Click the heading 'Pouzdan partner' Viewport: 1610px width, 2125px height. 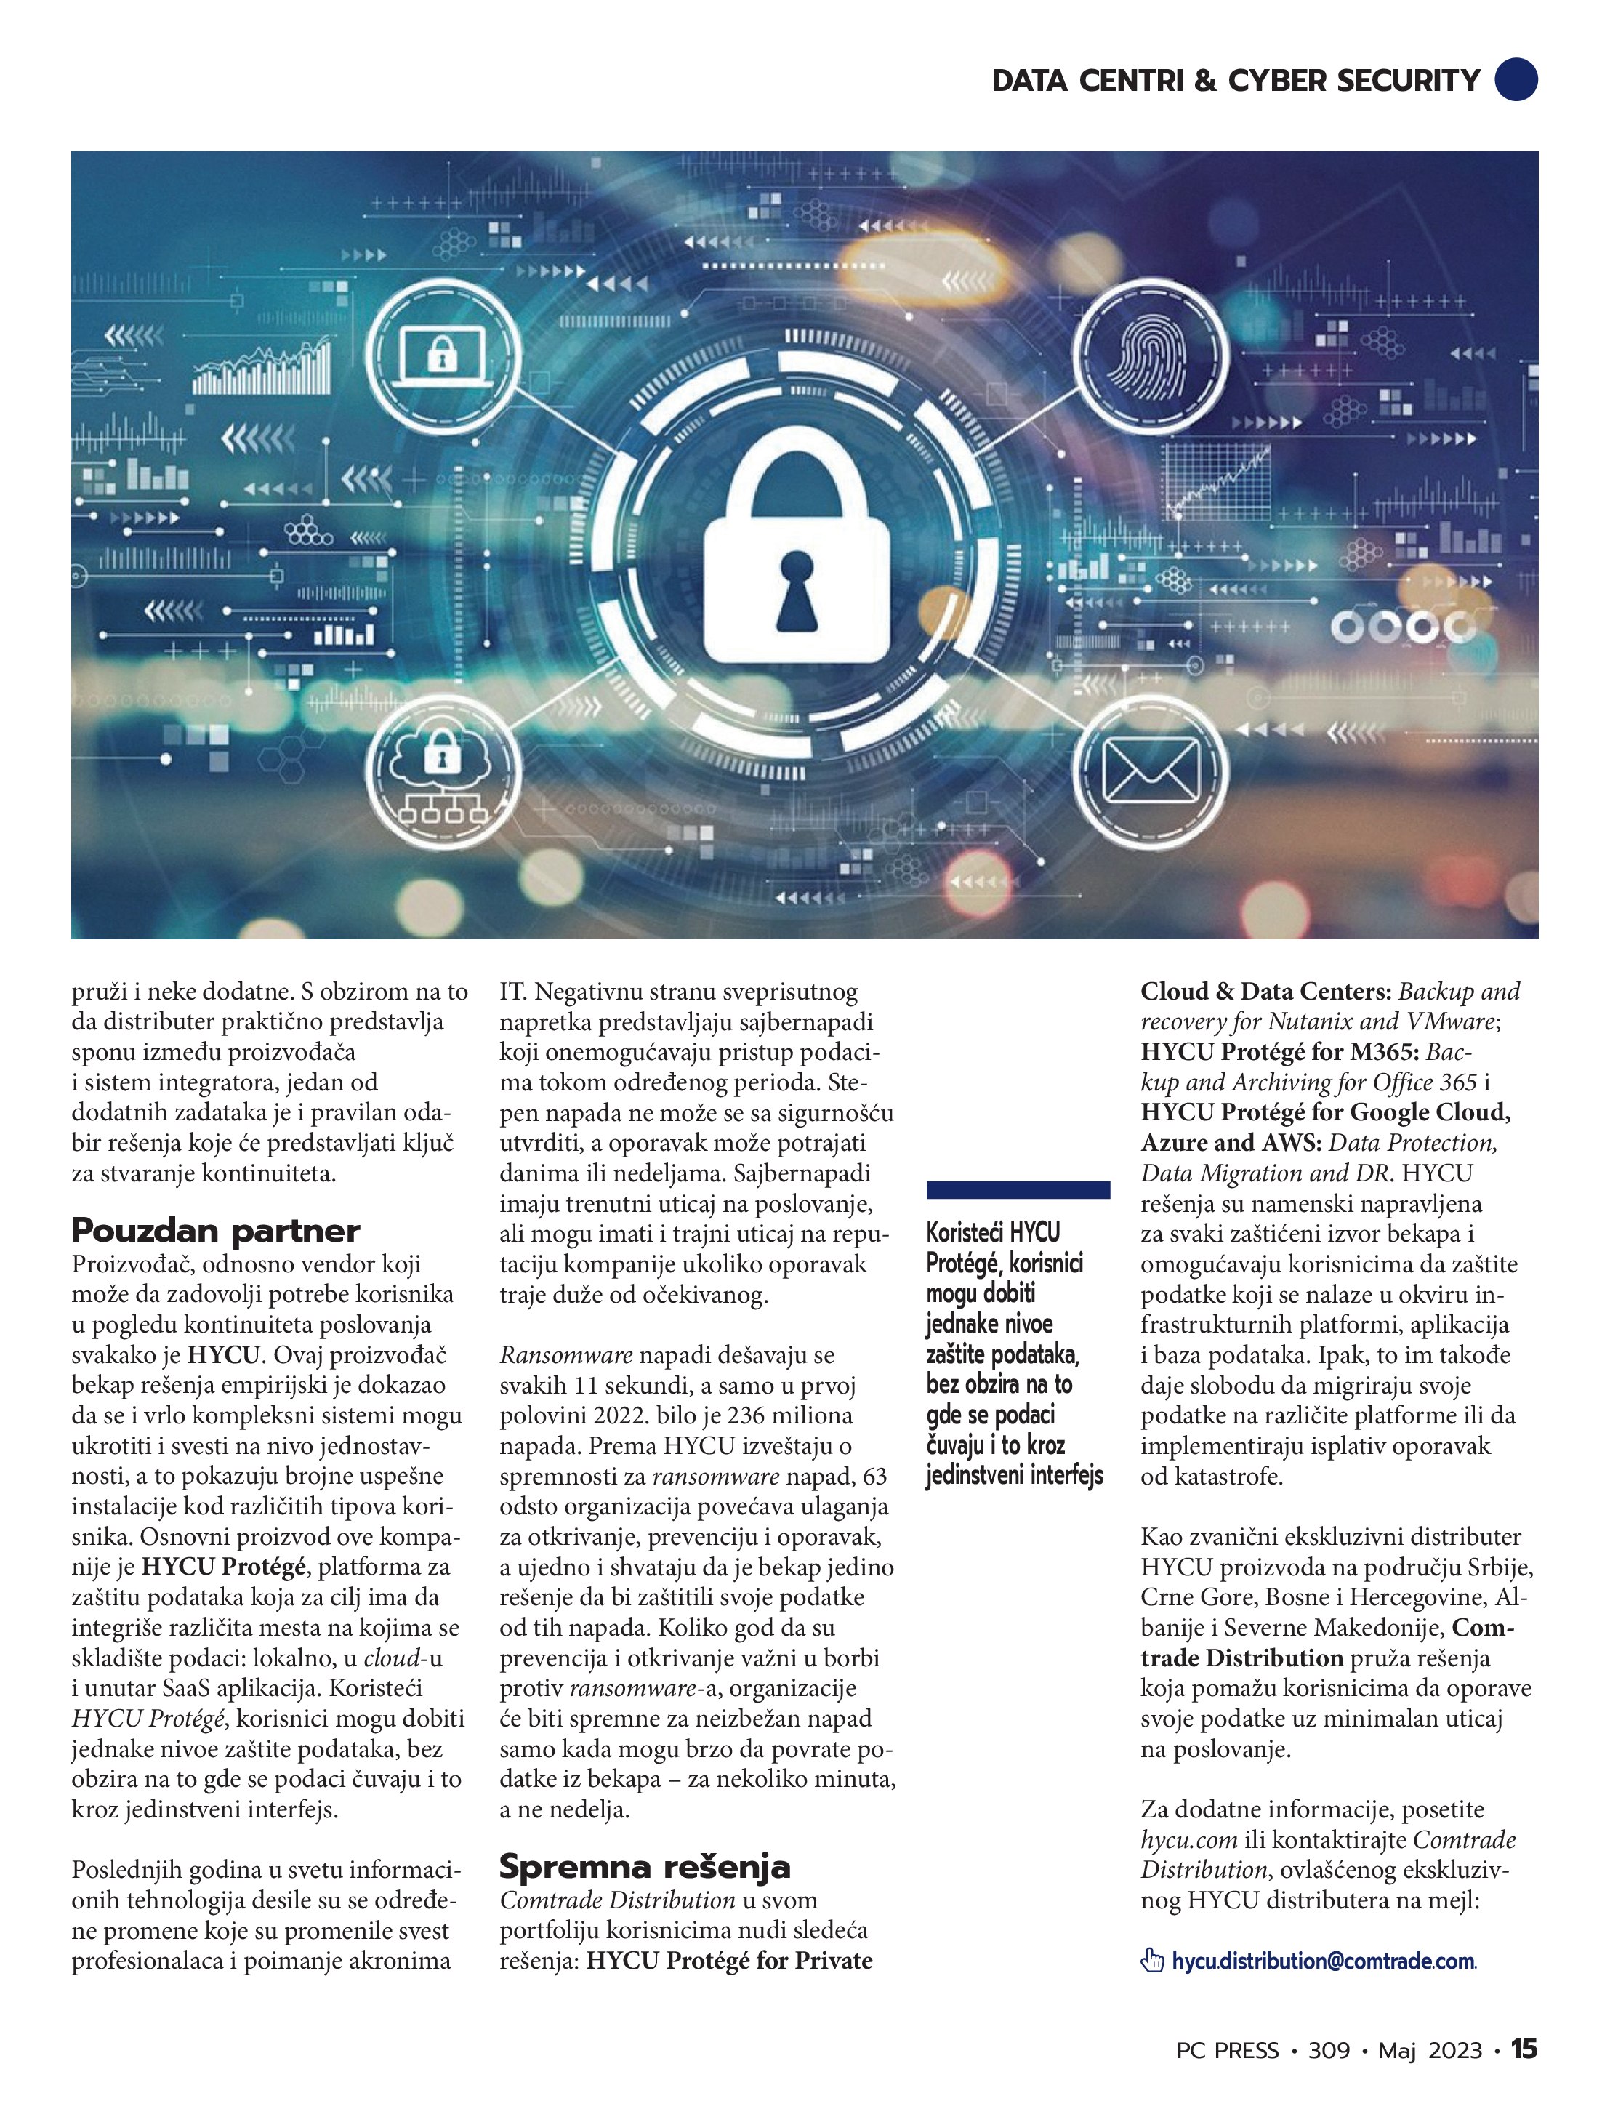215,1231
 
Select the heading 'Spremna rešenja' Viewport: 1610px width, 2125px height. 645,1867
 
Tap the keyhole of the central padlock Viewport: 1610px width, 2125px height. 797,588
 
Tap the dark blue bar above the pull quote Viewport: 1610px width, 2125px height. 1018,1190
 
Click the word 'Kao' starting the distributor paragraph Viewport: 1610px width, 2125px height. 1163,1537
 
